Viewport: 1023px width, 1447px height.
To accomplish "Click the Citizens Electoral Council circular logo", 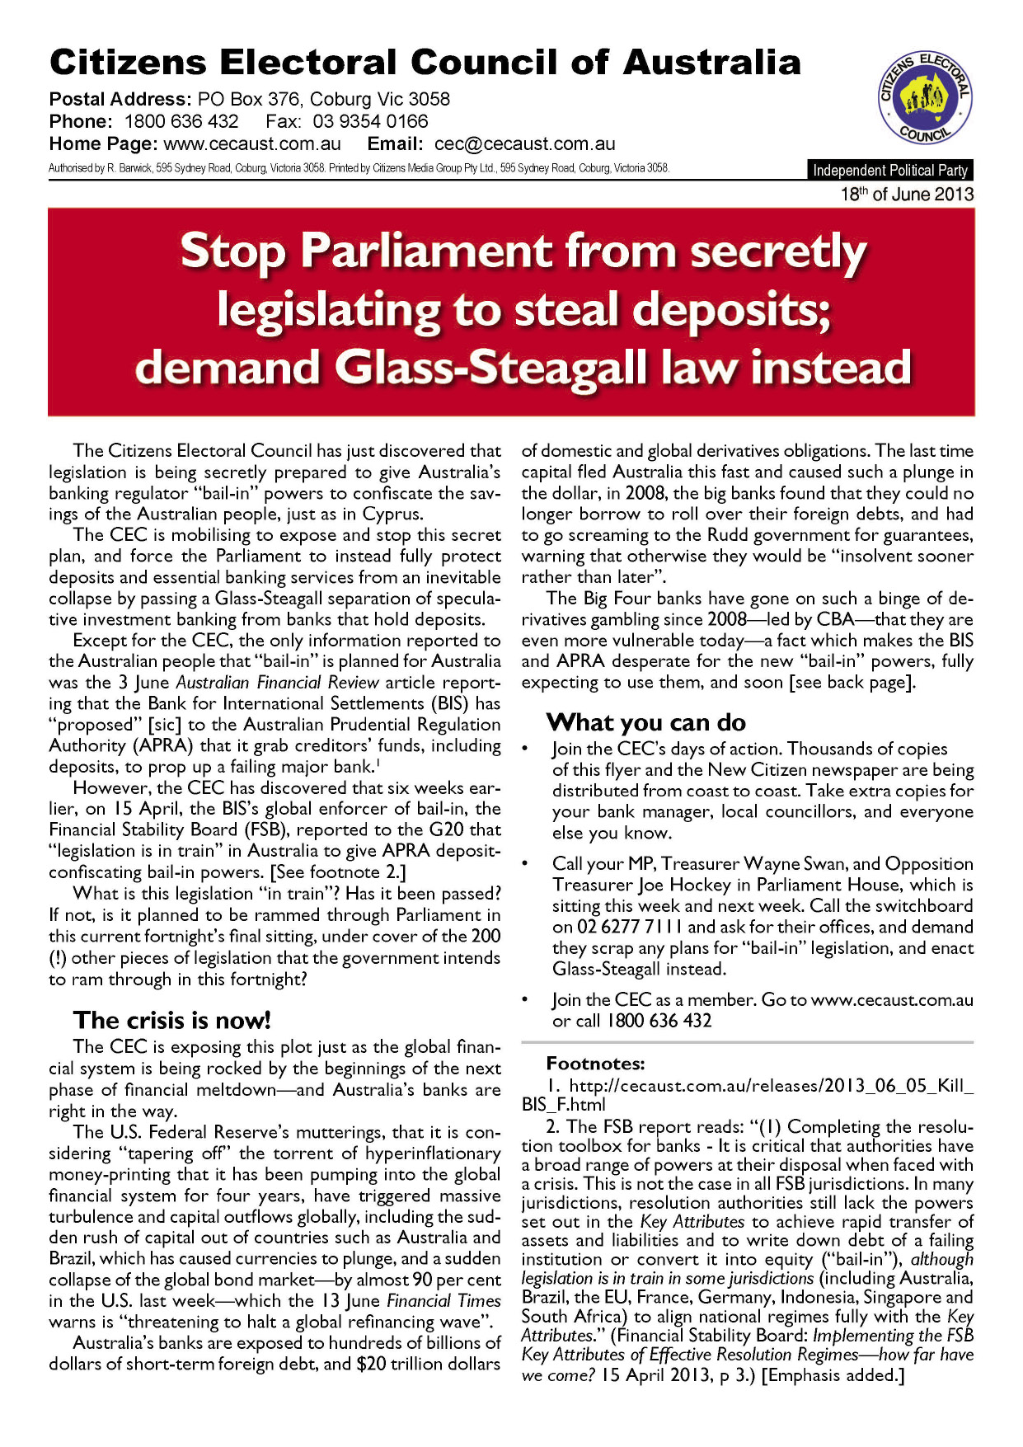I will (x=924, y=98).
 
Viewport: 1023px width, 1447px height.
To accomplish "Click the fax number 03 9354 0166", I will (x=370, y=121).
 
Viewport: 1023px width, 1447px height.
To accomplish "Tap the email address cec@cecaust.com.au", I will (x=524, y=143).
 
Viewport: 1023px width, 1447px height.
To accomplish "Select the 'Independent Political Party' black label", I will (x=890, y=171).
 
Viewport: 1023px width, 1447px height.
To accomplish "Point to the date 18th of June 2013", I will (x=907, y=195).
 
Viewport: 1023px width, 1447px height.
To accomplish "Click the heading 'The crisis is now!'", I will (x=171, y=1021).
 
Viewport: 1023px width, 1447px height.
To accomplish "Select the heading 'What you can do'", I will (x=645, y=723).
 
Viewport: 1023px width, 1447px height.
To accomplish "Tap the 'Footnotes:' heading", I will (x=595, y=1064).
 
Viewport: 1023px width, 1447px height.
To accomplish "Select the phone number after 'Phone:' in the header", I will (x=181, y=121).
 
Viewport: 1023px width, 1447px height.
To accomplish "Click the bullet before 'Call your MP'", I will (x=525, y=863).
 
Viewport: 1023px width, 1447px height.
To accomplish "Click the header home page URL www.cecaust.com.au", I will (x=252, y=143).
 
